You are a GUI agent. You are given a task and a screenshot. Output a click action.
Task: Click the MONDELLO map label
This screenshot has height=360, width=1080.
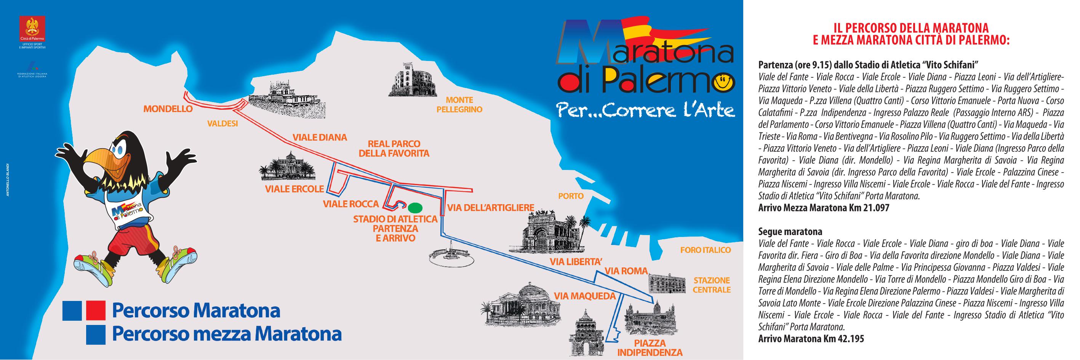tap(168, 109)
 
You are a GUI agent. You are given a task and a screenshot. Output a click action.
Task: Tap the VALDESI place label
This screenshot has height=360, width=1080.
tap(222, 124)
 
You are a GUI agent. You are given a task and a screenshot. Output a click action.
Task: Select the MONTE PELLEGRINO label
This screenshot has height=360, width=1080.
tap(459, 105)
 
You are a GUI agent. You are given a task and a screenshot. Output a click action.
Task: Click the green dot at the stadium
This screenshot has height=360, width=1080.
tap(415, 207)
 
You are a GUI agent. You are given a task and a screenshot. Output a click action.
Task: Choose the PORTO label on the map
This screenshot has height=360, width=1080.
tap(571, 196)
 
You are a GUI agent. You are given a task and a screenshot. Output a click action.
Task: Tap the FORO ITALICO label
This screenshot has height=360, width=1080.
tap(705, 250)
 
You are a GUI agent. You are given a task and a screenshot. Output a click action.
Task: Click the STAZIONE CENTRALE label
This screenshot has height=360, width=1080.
tap(712, 285)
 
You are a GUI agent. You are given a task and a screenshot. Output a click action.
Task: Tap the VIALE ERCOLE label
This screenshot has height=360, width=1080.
tap(294, 189)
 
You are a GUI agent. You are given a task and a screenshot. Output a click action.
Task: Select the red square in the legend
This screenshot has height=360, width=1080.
tap(95, 310)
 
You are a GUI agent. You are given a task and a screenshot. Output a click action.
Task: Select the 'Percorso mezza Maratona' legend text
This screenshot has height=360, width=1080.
tap(226, 334)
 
